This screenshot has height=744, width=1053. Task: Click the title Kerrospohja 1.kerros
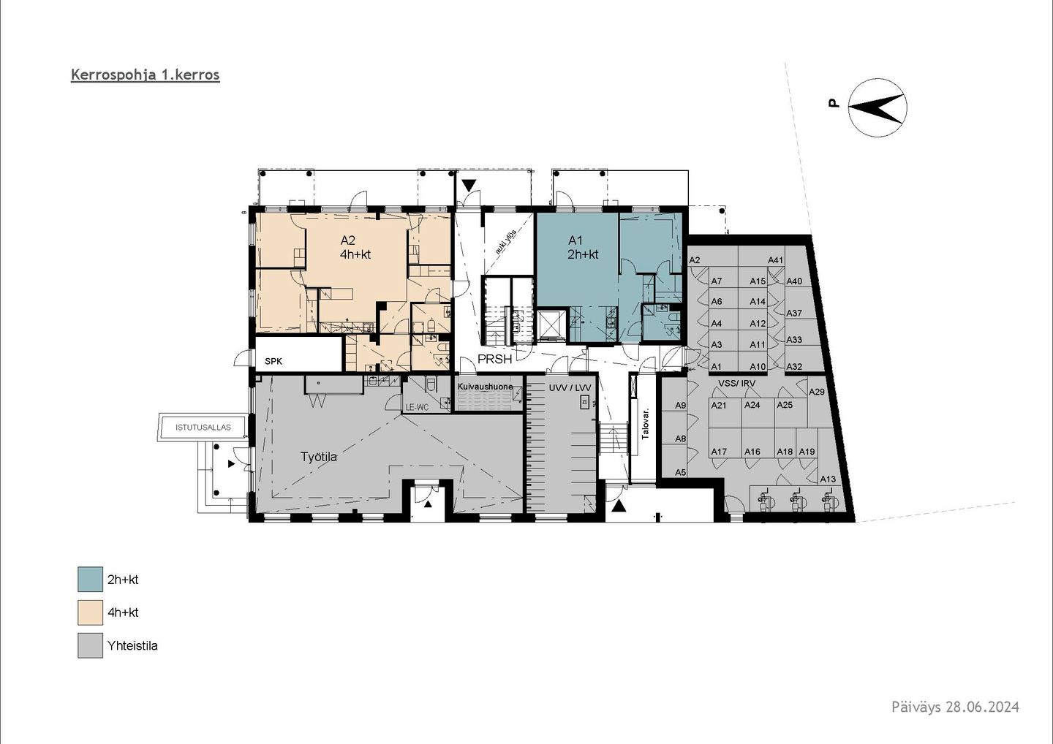(146, 75)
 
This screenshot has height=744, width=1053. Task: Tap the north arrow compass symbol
(877, 107)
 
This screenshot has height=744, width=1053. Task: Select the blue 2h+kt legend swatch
(90, 580)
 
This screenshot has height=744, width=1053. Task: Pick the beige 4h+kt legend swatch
(90, 612)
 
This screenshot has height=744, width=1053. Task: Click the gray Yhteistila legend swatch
(90, 645)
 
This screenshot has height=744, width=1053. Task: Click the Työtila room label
(319, 457)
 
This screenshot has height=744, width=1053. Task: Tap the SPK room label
(273, 361)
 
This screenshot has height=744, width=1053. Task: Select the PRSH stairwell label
(494, 360)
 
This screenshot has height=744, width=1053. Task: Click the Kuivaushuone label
(485, 387)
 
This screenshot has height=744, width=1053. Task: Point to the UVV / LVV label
(570, 388)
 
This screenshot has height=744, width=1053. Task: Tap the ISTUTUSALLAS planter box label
(203, 428)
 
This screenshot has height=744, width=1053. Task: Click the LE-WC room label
(417, 407)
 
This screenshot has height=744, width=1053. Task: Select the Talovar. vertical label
(646, 425)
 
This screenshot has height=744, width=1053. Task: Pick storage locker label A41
(775, 260)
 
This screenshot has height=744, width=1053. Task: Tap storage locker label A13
(828, 479)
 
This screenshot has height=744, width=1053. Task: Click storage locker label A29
(817, 392)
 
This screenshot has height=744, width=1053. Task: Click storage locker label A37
(794, 314)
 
